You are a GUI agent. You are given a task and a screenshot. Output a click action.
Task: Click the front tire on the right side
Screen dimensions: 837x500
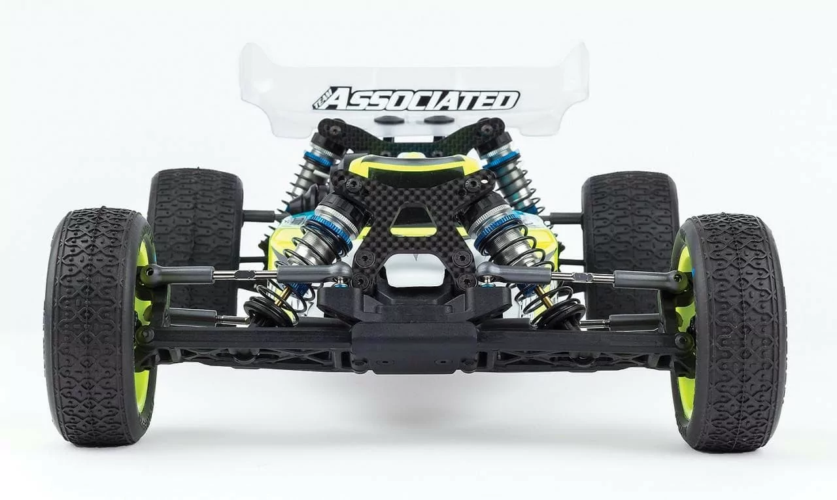point(732,333)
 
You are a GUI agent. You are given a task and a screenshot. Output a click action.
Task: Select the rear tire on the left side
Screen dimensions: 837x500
point(196,239)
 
